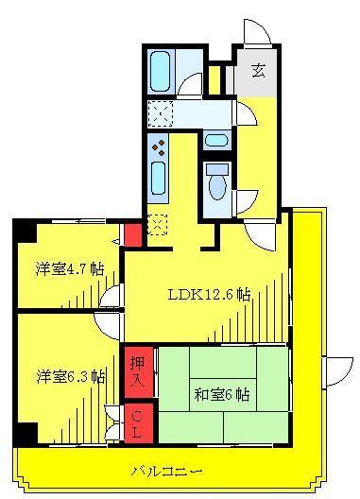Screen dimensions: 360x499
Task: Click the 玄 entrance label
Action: (258, 71)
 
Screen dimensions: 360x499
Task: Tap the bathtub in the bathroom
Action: (160, 71)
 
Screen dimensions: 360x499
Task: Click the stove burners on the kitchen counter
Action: (159, 148)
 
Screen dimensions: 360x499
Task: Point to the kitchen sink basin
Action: (158, 179)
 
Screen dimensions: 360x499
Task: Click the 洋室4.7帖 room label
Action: (70, 269)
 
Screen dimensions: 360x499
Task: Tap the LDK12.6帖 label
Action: (209, 295)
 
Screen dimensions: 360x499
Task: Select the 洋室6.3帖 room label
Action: (71, 377)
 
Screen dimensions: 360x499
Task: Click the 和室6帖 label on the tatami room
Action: (222, 395)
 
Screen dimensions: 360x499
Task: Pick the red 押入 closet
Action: (139, 372)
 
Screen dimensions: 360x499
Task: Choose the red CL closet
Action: (139, 423)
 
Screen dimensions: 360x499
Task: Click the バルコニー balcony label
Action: (166, 471)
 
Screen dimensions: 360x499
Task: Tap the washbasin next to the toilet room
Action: (216, 140)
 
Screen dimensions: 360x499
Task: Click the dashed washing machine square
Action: (161, 113)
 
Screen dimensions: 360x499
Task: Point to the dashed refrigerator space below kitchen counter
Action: (158, 225)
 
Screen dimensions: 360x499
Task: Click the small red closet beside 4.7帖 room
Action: (132, 235)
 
